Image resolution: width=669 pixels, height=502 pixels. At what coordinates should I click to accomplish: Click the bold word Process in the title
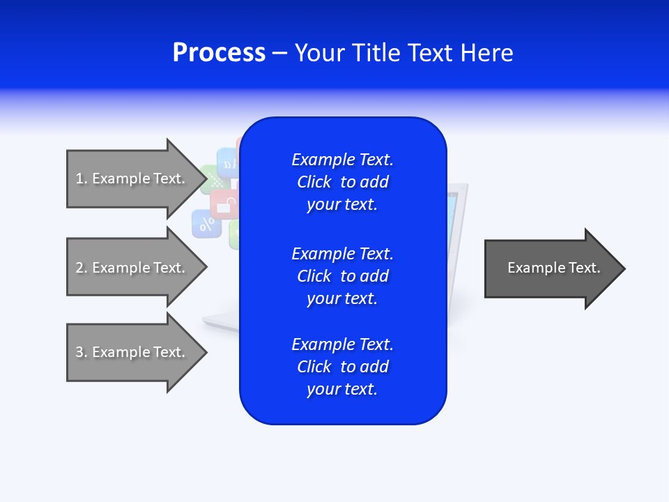pos(219,53)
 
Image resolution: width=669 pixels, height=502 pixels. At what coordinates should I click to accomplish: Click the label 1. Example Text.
pos(130,178)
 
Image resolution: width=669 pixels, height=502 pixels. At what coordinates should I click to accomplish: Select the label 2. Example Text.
pos(130,268)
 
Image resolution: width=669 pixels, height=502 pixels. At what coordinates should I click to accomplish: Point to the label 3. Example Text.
pos(130,352)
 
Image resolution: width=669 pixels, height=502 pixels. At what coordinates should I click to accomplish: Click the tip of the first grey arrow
pos(206,178)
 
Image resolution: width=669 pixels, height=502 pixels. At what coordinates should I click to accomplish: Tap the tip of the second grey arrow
pos(206,267)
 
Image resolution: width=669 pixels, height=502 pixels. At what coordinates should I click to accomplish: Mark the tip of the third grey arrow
pos(206,352)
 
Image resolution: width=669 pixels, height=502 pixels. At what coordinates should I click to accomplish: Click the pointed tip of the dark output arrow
pos(624,268)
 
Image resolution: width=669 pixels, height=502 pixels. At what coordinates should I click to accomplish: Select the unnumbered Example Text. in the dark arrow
pos(553,268)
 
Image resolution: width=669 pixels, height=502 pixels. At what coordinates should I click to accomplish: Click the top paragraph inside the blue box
pos(342,182)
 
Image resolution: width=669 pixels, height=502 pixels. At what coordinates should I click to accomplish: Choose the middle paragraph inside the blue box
pos(342,276)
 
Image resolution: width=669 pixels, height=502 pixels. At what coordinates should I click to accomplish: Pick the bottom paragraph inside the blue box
pos(342,367)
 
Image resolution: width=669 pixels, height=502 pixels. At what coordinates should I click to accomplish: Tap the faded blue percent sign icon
pos(206,225)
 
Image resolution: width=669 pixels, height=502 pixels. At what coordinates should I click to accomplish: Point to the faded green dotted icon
pos(213,180)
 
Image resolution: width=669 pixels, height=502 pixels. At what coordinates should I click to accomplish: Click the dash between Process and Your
pos(279,53)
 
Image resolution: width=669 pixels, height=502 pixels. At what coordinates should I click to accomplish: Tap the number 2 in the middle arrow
pos(79,268)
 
